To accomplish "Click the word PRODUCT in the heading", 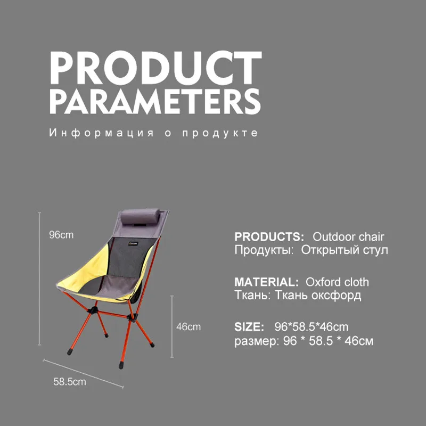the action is click(x=155, y=68).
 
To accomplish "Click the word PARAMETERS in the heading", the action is click(x=155, y=101).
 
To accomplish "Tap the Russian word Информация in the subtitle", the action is click(x=101, y=133).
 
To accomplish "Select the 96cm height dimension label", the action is click(x=61, y=235).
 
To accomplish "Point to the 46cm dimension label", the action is click(x=189, y=326).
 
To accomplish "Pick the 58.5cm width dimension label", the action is click(x=70, y=382).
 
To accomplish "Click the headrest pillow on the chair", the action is click(x=140, y=217).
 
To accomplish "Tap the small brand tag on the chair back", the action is click(x=134, y=243).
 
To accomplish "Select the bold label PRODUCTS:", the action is click(x=269, y=236).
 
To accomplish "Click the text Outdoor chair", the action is click(x=348, y=236).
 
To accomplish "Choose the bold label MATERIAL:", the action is click(x=267, y=282).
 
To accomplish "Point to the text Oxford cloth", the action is click(x=337, y=282).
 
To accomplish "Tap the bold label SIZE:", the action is click(x=249, y=327).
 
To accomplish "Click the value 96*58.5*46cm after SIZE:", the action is click(x=312, y=327).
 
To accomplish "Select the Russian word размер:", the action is click(x=257, y=341).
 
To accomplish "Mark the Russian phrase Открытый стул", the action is click(x=345, y=250).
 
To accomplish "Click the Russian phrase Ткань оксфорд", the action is click(x=318, y=295).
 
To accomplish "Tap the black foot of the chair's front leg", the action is click(x=121, y=365).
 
